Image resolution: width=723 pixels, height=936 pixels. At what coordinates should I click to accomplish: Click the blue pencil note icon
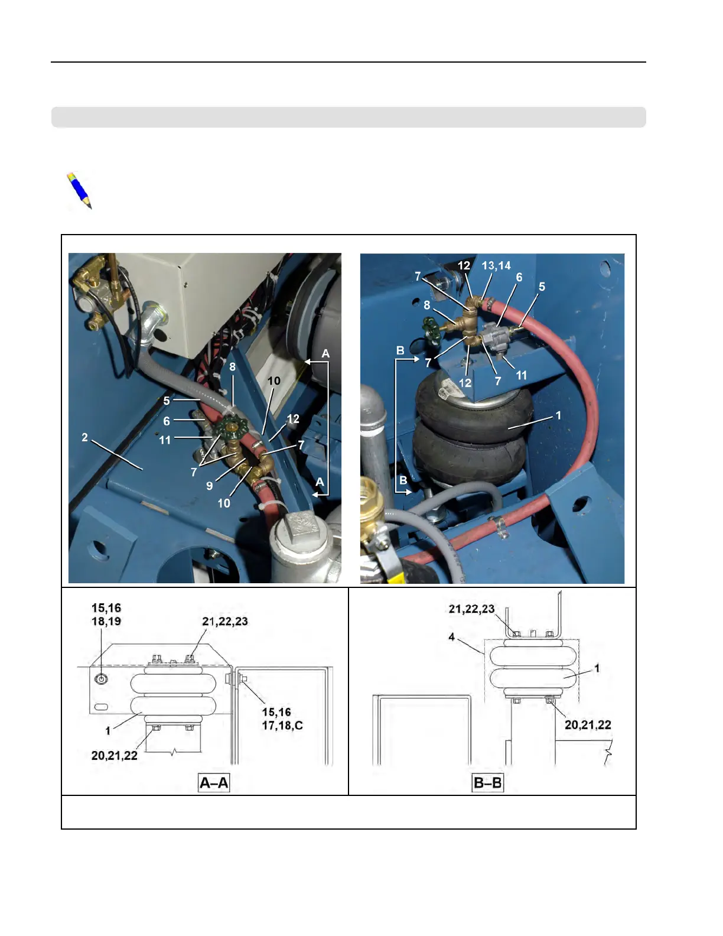click(x=79, y=190)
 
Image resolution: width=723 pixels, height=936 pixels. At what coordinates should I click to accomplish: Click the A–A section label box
click(x=214, y=783)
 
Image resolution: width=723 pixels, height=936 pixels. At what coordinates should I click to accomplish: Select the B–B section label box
click(x=488, y=783)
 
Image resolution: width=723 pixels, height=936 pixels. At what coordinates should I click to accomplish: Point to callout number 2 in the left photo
click(x=84, y=437)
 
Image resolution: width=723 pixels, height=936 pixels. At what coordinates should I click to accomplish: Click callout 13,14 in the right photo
click(x=496, y=266)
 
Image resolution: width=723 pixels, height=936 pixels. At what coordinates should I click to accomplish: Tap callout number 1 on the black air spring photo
click(x=558, y=415)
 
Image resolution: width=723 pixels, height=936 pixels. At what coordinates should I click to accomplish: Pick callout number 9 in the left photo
click(x=209, y=486)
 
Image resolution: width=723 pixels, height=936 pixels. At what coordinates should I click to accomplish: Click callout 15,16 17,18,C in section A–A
click(x=282, y=719)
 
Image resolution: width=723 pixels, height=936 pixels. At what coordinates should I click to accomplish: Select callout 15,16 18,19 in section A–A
click(x=106, y=615)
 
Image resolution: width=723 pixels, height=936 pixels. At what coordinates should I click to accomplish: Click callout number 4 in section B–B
click(x=452, y=637)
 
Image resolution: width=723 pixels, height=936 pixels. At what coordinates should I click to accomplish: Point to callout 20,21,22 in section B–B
click(x=587, y=725)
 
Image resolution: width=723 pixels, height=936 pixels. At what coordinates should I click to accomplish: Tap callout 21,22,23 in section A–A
click(x=225, y=622)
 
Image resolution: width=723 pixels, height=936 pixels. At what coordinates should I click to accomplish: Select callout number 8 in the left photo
click(x=233, y=367)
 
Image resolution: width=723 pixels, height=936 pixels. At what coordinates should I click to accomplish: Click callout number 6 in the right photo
click(x=519, y=277)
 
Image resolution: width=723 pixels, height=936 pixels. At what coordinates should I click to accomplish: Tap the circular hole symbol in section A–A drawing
click(x=102, y=679)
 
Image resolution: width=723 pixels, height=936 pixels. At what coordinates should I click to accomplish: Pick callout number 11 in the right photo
click(x=521, y=375)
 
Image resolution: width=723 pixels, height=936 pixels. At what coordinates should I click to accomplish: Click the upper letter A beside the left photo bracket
click(x=325, y=353)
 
